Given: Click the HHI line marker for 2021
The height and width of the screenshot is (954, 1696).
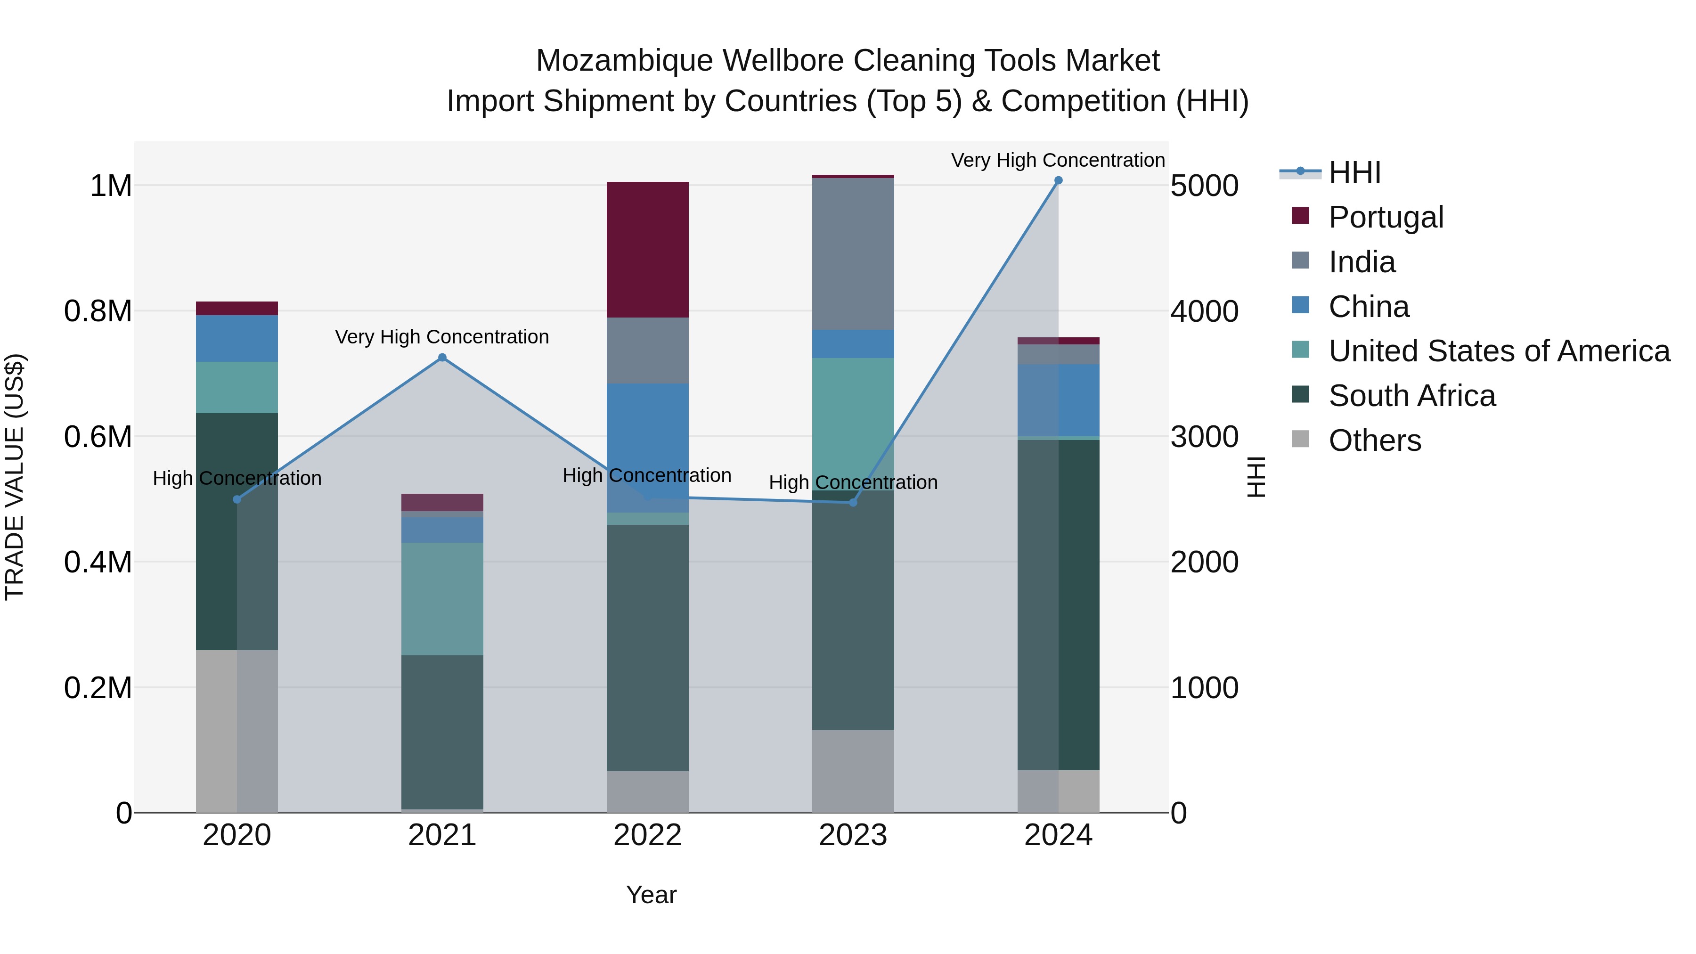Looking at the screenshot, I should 442,358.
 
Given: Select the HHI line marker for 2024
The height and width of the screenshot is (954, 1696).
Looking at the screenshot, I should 1058,180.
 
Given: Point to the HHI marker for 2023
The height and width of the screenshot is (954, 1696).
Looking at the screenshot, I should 853,502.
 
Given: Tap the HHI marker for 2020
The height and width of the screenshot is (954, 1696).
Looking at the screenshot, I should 237,499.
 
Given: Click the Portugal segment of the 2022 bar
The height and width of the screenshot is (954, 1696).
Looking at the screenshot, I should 647,250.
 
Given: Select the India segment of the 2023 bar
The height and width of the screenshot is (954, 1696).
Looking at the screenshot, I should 853,253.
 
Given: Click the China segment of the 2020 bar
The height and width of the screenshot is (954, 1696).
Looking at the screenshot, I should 237,338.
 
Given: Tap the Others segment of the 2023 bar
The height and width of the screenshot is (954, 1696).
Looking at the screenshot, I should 853,771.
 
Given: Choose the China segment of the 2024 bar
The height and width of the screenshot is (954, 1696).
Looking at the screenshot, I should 1058,400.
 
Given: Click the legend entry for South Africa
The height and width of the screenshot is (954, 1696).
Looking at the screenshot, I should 1411,396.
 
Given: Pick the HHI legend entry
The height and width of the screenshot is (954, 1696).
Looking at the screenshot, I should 1354,172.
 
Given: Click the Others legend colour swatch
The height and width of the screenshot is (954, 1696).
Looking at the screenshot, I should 1300,439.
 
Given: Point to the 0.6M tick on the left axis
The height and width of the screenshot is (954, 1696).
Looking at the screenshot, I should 98,437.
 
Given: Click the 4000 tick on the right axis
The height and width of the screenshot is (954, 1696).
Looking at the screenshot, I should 1204,311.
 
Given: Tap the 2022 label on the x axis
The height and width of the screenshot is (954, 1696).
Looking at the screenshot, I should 647,835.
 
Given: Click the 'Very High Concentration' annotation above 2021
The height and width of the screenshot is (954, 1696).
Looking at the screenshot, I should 442,337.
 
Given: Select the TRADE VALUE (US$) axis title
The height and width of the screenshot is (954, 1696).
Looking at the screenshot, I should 15,477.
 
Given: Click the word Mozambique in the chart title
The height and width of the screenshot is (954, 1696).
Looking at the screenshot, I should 624,61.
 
